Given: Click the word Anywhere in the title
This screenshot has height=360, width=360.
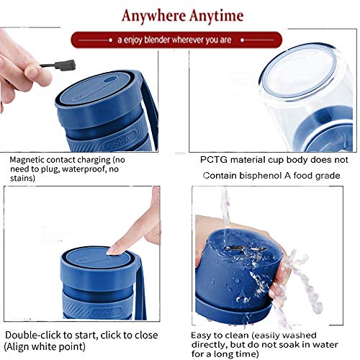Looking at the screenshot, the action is tap(153, 16).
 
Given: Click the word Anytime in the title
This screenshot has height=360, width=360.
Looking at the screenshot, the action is tap(216, 17).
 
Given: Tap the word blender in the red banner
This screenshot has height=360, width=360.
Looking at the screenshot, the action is tap(157, 40).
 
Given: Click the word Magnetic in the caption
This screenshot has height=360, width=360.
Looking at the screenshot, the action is tap(27, 160).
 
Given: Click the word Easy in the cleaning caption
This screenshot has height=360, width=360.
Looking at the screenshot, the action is tap(201, 336).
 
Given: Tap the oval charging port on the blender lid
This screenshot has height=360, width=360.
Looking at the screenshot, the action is tap(110, 79).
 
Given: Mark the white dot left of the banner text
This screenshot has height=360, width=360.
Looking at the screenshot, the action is tap(110, 40).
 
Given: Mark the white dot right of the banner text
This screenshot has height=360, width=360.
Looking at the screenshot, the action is tap(243, 40).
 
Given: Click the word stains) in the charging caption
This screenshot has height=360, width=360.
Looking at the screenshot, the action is tap(22, 179).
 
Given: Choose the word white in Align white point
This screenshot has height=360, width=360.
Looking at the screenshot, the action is tap(44, 347).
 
